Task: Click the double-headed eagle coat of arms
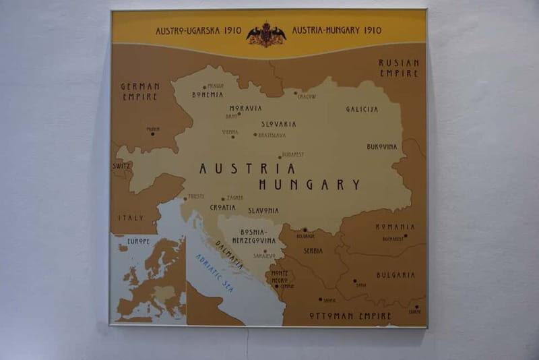[x=266, y=34]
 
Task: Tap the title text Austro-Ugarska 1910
[x=198, y=31]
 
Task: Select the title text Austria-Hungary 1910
[x=336, y=30]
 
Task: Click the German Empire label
[x=140, y=91]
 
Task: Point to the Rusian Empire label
[x=399, y=67]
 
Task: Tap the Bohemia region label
[x=208, y=95]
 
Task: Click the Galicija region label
[x=362, y=109]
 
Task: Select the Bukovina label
[x=382, y=146]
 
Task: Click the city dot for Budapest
[x=280, y=158]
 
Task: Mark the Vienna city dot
[x=233, y=137]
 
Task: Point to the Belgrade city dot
[x=304, y=230]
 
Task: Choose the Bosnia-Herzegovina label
[x=254, y=236]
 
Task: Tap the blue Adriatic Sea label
[x=214, y=272]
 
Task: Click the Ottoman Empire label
[x=350, y=316]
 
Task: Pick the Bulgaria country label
[x=395, y=275]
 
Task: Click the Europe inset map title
[x=138, y=241]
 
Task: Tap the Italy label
[x=131, y=218]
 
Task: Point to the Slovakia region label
[x=278, y=124]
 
